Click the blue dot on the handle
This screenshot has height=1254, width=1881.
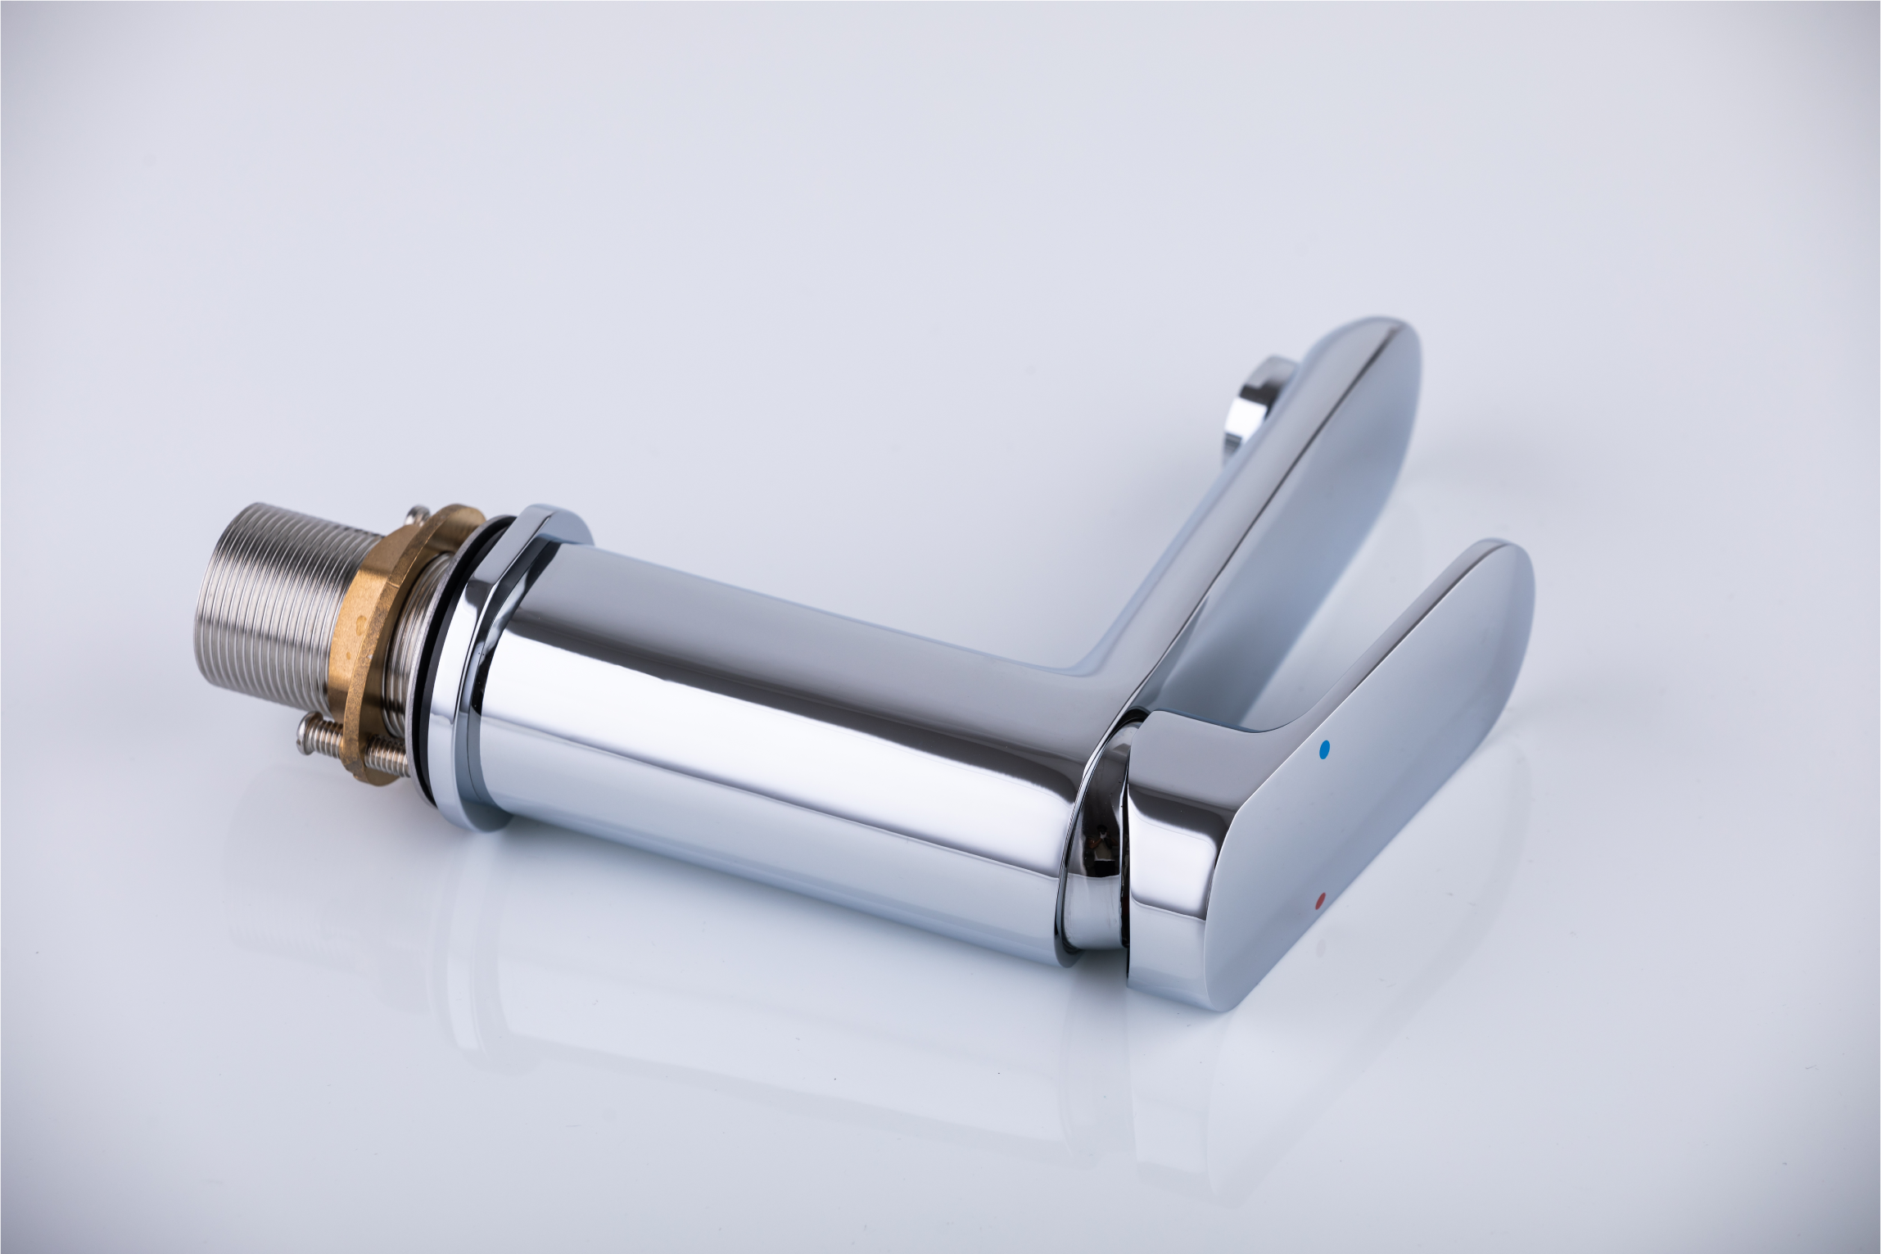pyautogui.click(x=1325, y=749)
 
